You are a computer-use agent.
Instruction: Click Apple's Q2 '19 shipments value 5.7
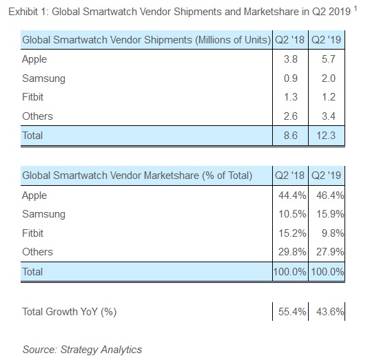point(329,59)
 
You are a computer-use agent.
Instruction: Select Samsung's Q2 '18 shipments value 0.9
point(291,78)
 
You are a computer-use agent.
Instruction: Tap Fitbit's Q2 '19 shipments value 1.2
point(329,97)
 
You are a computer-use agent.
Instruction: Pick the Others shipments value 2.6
point(291,116)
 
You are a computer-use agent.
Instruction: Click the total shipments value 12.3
point(326,136)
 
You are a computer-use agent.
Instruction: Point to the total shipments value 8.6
point(291,136)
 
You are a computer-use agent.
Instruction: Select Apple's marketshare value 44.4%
point(292,195)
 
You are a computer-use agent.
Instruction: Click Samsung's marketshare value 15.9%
point(330,214)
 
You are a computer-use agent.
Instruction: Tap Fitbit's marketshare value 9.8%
point(333,233)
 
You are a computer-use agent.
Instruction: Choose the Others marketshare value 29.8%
point(292,251)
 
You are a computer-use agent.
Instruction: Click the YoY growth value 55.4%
point(292,311)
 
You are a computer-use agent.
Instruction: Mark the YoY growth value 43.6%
point(330,311)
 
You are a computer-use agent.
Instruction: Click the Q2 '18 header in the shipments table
point(290,40)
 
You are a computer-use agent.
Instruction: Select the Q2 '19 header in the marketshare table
point(326,175)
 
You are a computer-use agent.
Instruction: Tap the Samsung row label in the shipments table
point(43,78)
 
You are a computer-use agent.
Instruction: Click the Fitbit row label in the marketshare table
point(33,233)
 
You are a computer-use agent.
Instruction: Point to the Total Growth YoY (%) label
point(70,312)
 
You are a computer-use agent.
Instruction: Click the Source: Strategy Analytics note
point(83,350)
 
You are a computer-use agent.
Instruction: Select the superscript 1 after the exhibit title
point(356,9)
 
